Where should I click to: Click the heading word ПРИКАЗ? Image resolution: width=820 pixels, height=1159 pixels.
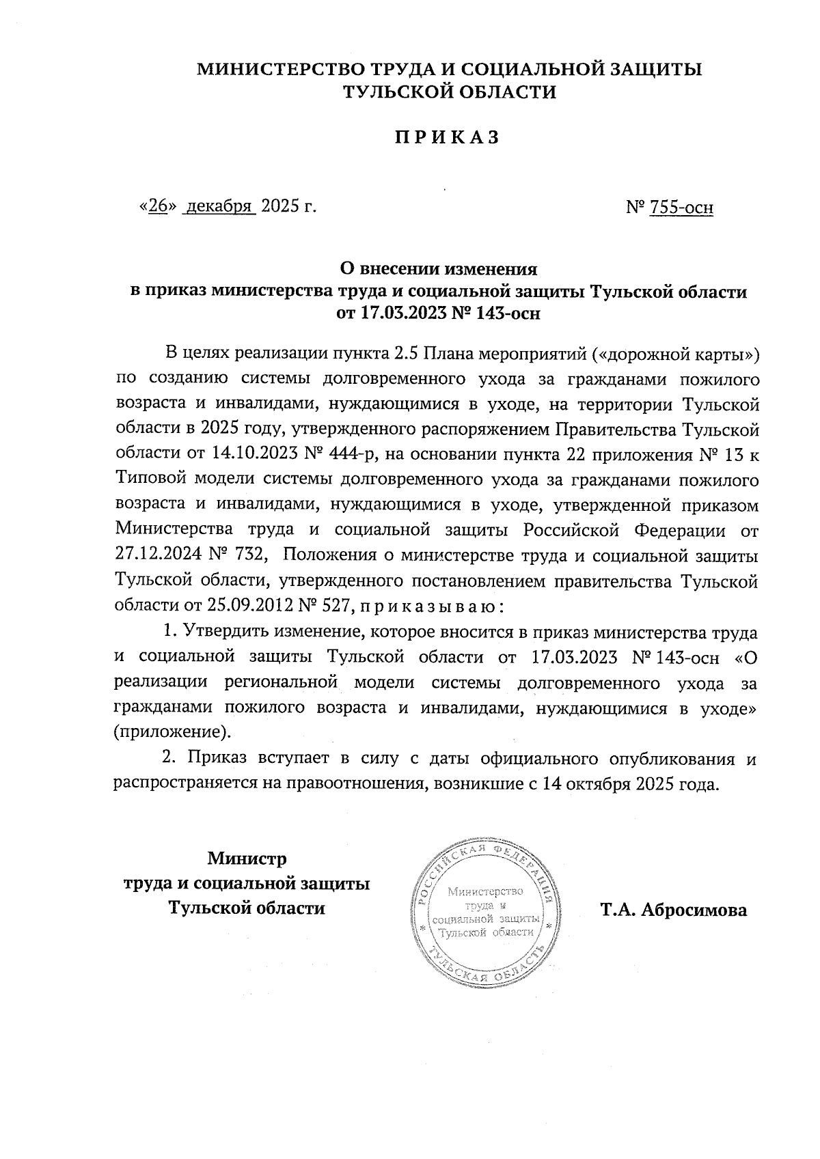point(446,137)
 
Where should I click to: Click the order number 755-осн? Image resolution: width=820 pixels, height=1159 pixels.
point(681,206)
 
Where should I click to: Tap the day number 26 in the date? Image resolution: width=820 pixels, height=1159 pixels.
point(158,206)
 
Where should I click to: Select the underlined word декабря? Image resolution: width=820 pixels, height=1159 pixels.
point(219,206)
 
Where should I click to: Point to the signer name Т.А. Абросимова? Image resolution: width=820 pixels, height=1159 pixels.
point(674,910)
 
